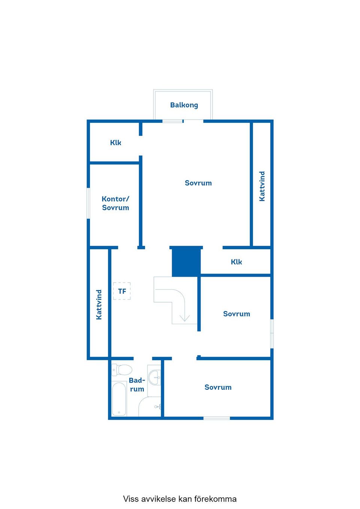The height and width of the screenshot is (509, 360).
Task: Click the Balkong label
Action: [184, 105]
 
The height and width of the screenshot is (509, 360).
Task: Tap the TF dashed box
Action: [122, 291]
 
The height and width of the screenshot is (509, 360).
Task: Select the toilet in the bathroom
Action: [122, 370]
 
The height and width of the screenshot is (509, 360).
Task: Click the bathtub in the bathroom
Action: [119, 399]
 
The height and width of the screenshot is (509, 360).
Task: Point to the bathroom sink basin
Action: [154, 377]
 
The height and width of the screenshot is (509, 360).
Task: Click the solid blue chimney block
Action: [186, 261]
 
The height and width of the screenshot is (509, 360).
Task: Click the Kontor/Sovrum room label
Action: [115, 203]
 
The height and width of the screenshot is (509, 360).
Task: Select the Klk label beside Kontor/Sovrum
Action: [115, 143]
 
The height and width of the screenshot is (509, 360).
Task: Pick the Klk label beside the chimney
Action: [236, 262]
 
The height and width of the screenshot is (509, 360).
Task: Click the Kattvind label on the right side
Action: [262, 186]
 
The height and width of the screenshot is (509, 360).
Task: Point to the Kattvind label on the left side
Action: [99, 305]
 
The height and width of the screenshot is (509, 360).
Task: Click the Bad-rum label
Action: [137, 385]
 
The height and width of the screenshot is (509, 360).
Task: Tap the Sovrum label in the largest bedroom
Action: [198, 183]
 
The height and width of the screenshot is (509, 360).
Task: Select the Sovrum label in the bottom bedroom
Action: [218, 387]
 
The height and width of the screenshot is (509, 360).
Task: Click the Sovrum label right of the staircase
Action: [237, 314]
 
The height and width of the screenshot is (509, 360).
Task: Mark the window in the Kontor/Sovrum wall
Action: [88, 203]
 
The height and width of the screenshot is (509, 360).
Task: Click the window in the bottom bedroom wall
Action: [217, 418]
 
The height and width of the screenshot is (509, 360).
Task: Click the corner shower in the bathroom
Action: [150, 407]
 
